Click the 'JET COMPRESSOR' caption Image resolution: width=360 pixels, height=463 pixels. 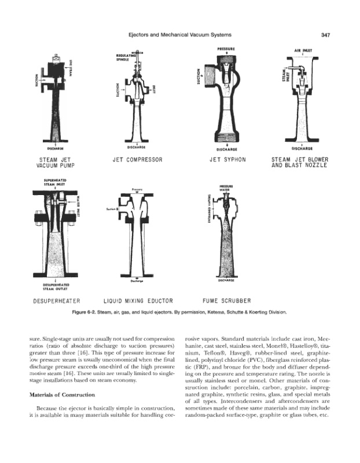(139, 159)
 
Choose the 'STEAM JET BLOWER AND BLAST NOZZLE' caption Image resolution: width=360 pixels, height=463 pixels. (299, 162)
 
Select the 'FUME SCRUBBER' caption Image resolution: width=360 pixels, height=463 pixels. (227, 301)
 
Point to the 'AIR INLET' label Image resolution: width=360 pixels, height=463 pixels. (303, 50)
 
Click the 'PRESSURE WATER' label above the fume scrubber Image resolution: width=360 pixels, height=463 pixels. (225, 186)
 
